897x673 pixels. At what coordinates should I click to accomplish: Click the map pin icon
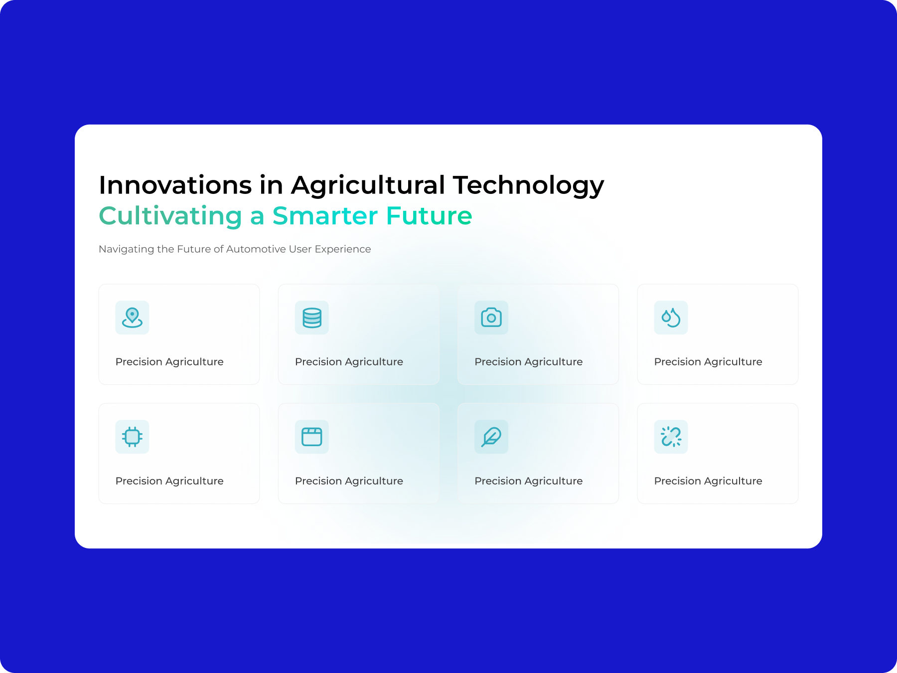(132, 318)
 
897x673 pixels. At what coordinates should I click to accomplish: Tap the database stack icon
(312, 318)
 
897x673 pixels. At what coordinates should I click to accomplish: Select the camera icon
(491, 318)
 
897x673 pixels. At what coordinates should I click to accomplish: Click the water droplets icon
(671, 318)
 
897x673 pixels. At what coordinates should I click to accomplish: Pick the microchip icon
(132, 437)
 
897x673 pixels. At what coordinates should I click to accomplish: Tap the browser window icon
(312, 437)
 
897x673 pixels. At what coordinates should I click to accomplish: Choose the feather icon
(491, 437)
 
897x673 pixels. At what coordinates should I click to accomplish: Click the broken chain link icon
(671, 437)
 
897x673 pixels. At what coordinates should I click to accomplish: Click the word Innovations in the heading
(175, 185)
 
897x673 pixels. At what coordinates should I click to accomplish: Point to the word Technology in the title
(528, 186)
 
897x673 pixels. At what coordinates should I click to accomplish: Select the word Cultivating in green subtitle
(170, 216)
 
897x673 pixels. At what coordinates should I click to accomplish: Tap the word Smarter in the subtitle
(325, 216)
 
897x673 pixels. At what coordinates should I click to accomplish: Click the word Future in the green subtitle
(429, 216)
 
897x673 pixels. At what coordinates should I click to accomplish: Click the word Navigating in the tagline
(127, 249)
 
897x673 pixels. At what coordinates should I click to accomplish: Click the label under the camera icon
(529, 362)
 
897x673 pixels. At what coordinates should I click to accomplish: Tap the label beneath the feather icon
(529, 481)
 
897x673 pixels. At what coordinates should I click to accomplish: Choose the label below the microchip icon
(169, 481)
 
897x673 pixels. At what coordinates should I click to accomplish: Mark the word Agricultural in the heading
(368, 186)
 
